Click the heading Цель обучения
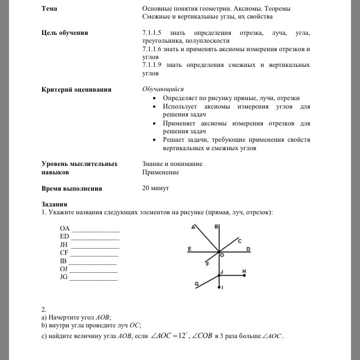point(65,33)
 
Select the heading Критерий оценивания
point(76,89)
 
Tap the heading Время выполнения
point(71,189)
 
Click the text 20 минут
point(156,188)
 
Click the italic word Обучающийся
point(163,89)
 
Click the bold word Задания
point(55,204)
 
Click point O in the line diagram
point(220,255)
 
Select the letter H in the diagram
point(244,271)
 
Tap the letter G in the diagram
point(196,284)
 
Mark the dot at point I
point(219,287)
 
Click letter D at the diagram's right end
point(248,248)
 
